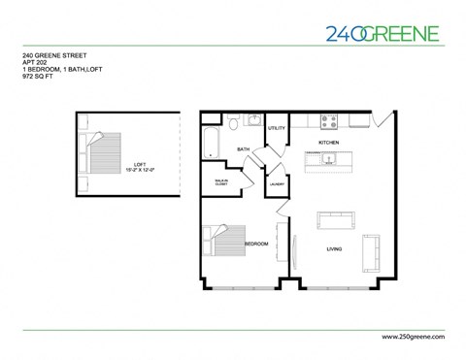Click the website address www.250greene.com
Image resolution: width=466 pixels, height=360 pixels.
tap(407, 336)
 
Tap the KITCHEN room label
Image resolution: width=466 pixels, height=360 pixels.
tap(329, 143)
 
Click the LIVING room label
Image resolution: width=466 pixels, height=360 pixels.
tap(333, 249)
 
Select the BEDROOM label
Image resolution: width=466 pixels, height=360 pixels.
tap(257, 243)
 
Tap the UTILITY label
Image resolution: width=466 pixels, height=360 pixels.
tap(276, 128)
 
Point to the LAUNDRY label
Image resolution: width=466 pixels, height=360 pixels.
tap(276, 184)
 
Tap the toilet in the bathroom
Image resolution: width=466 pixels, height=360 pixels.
tap(234, 123)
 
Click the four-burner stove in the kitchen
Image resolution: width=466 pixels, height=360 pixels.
tap(329, 121)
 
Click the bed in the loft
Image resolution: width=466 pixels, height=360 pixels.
tap(99, 155)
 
